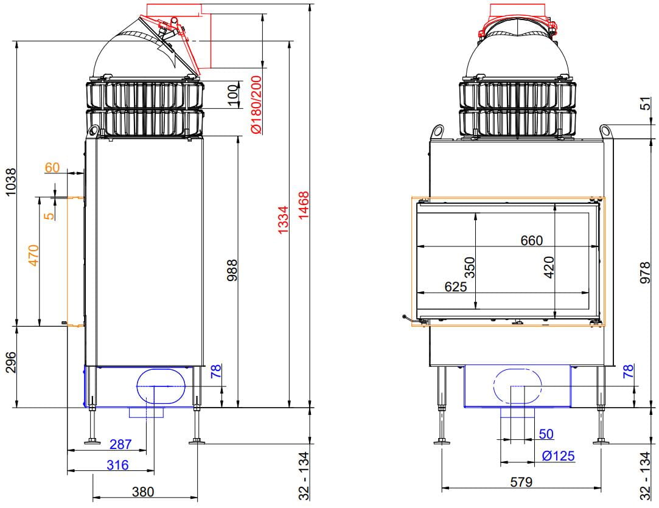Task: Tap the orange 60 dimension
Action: point(52,168)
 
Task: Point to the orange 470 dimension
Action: point(33,255)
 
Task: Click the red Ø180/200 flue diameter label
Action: point(256,105)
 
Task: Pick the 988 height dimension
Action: point(232,270)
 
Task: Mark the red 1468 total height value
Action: point(303,205)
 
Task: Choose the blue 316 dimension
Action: point(117,465)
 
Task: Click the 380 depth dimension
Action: point(144,491)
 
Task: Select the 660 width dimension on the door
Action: point(532,240)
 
